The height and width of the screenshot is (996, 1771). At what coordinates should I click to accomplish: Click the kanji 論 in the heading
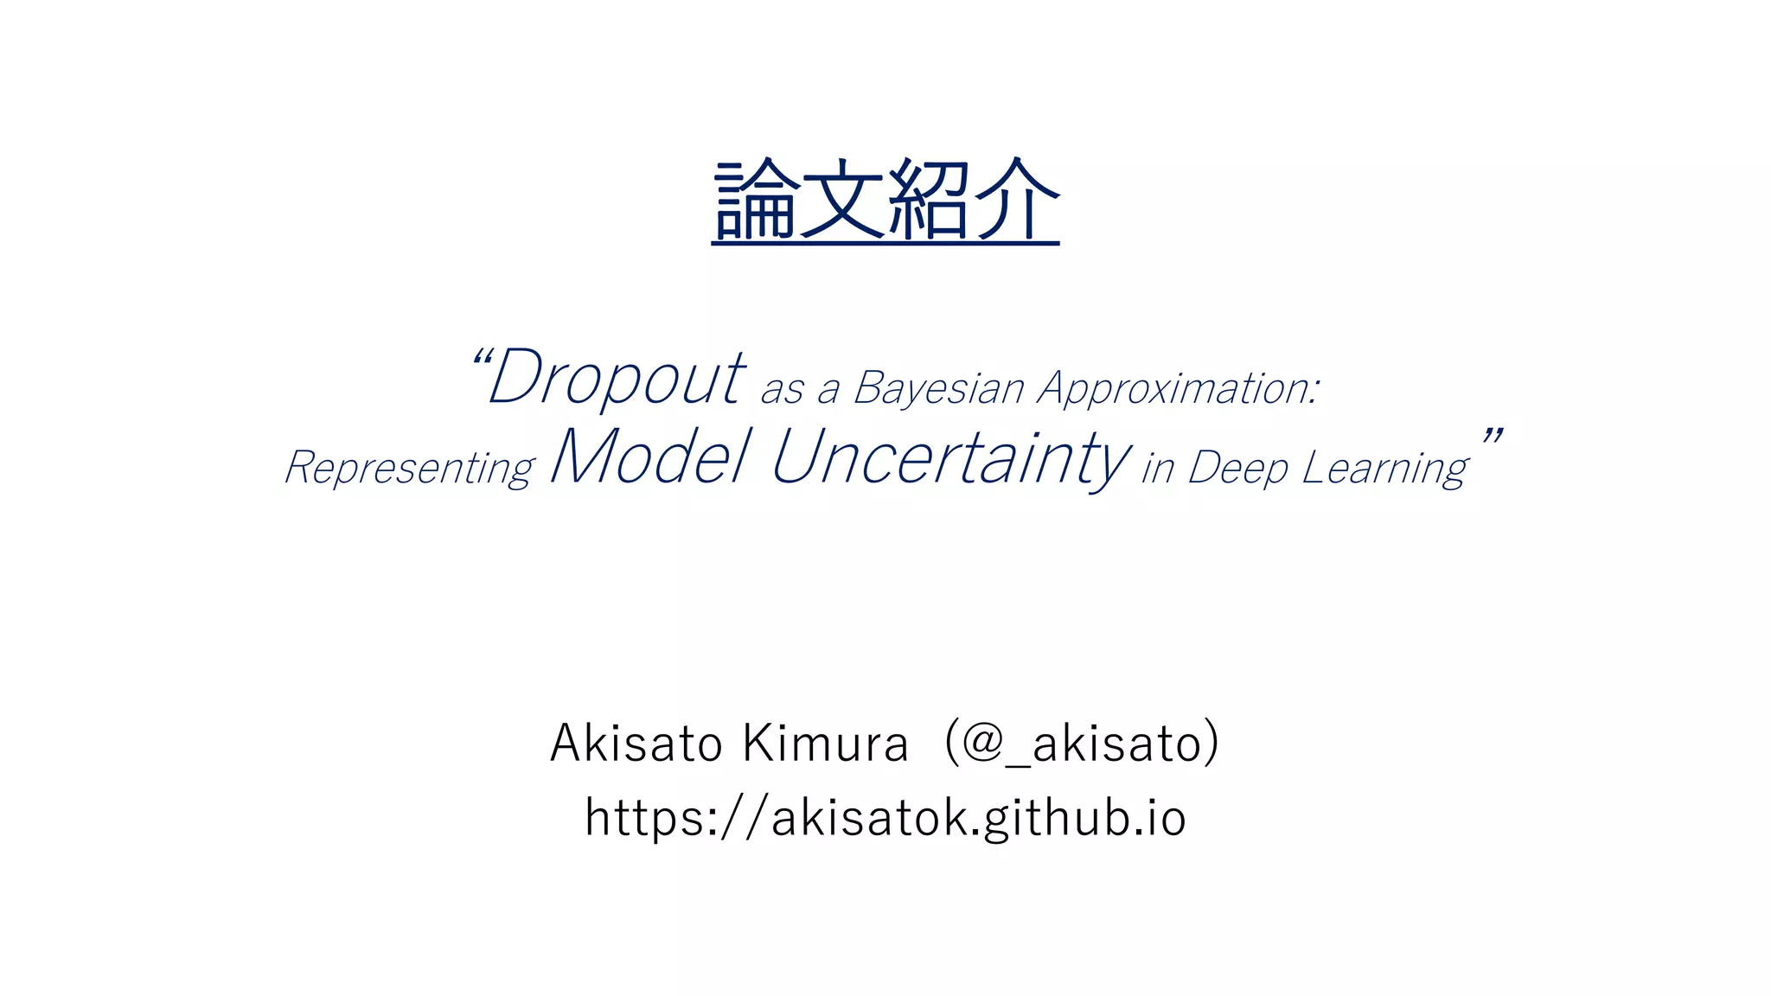coord(755,201)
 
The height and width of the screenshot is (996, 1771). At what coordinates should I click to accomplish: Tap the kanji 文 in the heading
coord(842,201)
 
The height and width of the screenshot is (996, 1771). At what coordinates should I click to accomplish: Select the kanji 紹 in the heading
coord(930,201)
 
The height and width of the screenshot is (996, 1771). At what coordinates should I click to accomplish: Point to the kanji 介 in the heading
coord(1017,201)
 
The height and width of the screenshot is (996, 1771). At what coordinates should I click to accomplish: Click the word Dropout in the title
coord(616,378)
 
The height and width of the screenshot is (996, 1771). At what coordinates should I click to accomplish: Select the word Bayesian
coord(938,388)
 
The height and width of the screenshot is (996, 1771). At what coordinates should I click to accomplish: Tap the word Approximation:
coord(1179,388)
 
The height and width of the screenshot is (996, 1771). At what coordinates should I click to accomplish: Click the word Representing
coord(410,468)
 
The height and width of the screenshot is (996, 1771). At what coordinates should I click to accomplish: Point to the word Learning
coord(1384,468)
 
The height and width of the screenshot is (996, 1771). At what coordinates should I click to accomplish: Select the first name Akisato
coord(636,743)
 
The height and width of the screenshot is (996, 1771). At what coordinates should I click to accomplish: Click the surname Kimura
coord(826,743)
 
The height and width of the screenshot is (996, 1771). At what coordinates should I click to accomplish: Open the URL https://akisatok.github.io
coord(885,817)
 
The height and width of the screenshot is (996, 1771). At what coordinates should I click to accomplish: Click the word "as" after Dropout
coord(782,390)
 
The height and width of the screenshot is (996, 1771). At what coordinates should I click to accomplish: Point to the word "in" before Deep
coord(1157,469)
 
